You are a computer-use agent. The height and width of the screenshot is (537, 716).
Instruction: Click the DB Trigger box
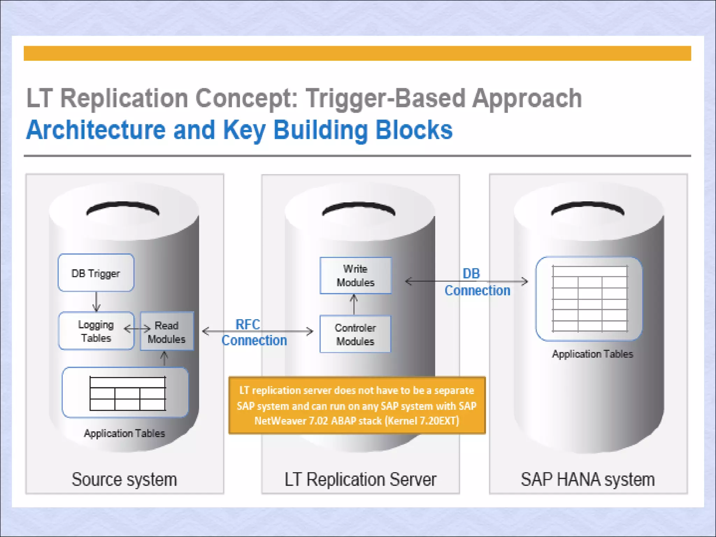pyautogui.click(x=96, y=273)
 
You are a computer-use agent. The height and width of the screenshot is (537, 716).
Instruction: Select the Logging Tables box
pyautogui.click(x=96, y=331)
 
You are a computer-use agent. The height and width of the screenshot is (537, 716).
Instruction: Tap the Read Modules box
pyautogui.click(x=167, y=331)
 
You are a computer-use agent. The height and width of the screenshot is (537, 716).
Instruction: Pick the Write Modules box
pyautogui.click(x=355, y=275)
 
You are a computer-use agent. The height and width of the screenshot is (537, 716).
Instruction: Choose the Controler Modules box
pyautogui.click(x=355, y=334)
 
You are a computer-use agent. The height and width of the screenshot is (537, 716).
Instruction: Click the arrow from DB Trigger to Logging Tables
pyautogui.click(x=96, y=301)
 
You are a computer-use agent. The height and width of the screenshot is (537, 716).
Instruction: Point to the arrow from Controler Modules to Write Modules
pyautogui.click(x=354, y=305)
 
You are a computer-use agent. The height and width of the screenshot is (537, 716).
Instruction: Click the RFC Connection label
pyautogui.click(x=254, y=332)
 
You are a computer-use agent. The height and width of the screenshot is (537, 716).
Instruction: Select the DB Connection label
pyautogui.click(x=477, y=282)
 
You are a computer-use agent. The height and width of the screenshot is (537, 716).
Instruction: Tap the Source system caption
pyautogui.click(x=124, y=479)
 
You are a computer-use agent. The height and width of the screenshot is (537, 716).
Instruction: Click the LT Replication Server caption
pyautogui.click(x=360, y=479)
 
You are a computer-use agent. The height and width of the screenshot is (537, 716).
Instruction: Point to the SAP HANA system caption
pyautogui.click(x=588, y=479)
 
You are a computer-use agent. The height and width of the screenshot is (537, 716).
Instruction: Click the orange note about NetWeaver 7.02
pyautogui.click(x=357, y=406)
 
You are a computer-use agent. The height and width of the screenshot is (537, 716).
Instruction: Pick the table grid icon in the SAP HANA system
pyautogui.click(x=590, y=299)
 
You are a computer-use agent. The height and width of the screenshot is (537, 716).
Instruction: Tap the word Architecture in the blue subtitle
pyautogui.click(x=96, y=130)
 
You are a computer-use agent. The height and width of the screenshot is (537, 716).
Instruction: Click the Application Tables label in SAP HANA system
pyautogui.click(x=593, y=354)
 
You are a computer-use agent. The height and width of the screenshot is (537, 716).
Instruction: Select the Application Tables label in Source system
pyautogui.click(x=124, y=434)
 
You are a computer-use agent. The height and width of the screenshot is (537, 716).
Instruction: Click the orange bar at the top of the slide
pyautogui.click(x=357, y=53)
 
